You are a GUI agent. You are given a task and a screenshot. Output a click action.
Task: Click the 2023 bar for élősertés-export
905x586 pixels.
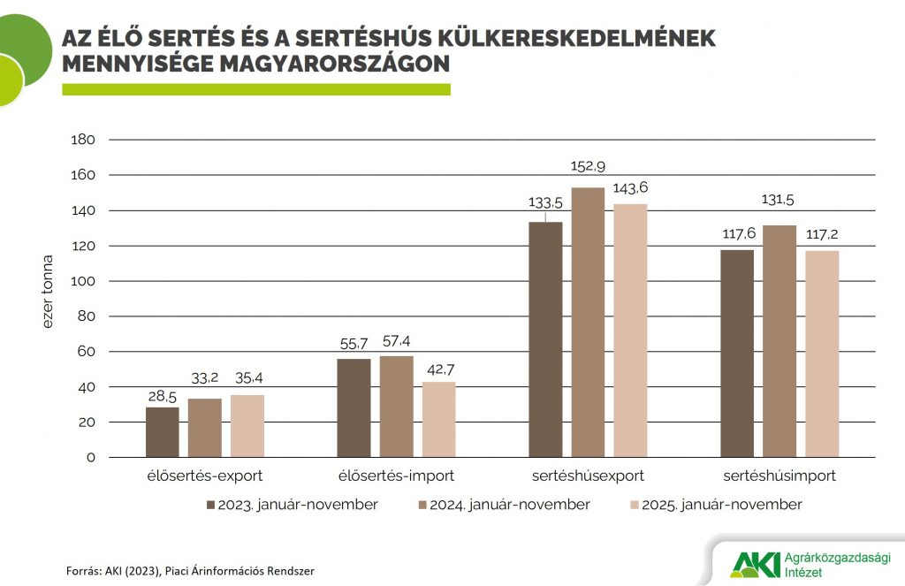coord(162,432)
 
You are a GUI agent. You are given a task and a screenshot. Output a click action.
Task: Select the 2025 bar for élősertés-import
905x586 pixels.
coord(439,420)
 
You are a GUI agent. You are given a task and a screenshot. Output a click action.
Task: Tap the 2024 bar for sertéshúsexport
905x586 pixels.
coord(588,323)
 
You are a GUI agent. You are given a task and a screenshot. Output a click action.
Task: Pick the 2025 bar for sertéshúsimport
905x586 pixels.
coord(822,354)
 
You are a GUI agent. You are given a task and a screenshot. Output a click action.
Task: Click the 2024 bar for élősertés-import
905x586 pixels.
coord(397,407)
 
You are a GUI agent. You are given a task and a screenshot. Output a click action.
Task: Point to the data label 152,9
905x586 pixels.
coord(588,166)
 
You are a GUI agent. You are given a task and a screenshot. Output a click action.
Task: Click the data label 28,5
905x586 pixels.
coord(162,394)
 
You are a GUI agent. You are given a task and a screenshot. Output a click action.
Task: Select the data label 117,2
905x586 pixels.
coord(822,237)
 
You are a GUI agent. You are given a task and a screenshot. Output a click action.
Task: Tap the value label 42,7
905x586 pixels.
coord(439,369)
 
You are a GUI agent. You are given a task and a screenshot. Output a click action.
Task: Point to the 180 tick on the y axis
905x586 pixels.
coord(82,140)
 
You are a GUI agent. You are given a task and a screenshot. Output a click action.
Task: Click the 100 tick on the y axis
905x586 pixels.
coord(82,281)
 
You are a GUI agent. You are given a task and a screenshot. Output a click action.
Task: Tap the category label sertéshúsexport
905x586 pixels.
coord(588,476)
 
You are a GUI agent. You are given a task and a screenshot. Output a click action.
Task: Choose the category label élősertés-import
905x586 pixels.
coord(397,476)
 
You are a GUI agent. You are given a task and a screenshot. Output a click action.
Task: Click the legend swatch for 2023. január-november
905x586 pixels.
coord(210,505)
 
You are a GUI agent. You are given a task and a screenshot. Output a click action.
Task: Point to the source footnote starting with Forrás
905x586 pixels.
coord(190,571)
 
